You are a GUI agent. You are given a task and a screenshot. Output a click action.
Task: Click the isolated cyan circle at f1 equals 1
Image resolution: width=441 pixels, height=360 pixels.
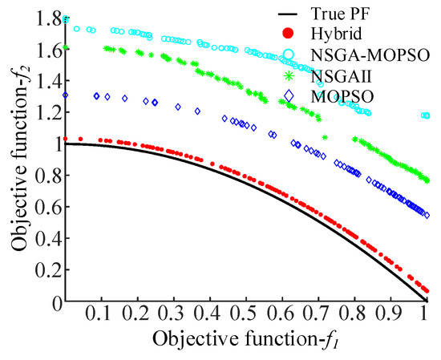[425, 115]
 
